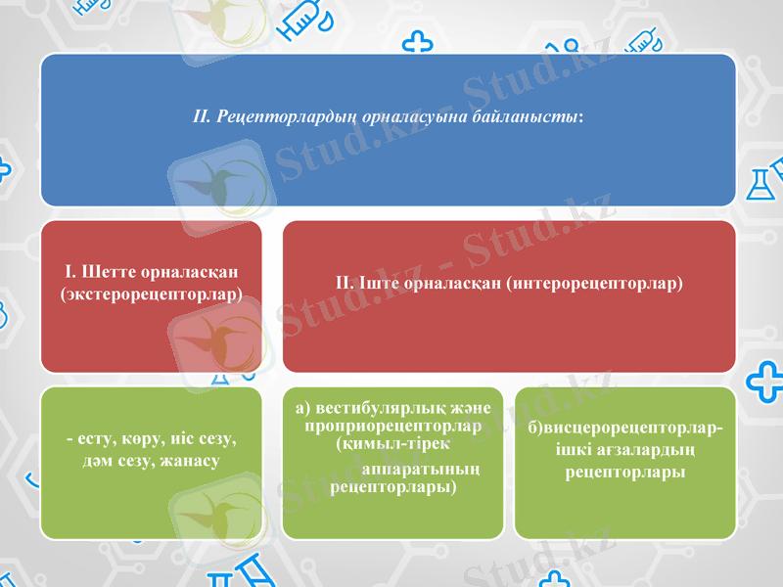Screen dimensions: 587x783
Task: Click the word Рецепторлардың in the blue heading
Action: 273,116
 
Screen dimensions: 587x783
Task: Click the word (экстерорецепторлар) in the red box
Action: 152,293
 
